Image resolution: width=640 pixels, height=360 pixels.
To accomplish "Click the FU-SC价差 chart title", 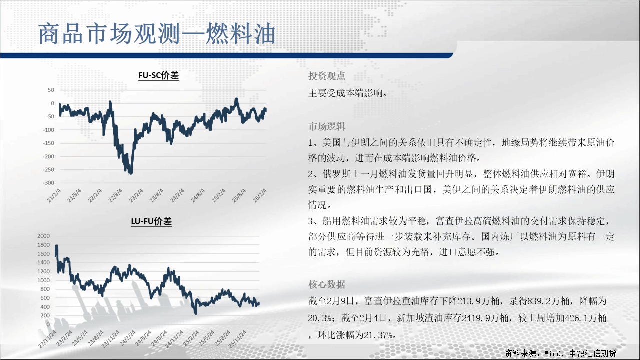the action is [x=159, y=75].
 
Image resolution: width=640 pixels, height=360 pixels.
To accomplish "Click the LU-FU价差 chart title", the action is [x=151, y=221].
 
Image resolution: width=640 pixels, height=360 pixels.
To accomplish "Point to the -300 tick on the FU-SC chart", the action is [x=49, y=183].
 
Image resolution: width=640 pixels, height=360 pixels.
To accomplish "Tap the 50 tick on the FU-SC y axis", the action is [x=51, y=90].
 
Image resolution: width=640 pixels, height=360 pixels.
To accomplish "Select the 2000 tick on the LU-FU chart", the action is [x=43, y=236].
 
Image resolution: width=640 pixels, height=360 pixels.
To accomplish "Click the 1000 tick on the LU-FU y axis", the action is [x=43, y=280].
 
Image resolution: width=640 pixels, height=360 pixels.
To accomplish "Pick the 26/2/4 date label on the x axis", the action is [x=259, y=195].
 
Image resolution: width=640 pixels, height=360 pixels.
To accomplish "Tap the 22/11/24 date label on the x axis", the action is [x=47, y=339].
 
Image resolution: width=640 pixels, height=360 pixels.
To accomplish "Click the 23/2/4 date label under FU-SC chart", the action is [x=136, y=195].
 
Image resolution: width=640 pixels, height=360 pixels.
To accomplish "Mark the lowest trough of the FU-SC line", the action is [x=131, y=173].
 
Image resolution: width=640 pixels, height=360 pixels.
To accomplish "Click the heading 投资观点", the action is [x=327, y=76].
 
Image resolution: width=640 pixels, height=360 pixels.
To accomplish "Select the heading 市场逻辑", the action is [x=327, y=126].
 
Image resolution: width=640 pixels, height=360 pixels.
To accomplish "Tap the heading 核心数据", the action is [x=327, y=284].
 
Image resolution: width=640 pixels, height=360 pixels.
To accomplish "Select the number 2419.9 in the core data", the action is [x=476, y=318].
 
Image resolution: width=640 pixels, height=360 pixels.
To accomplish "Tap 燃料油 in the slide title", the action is [x=241, y=34].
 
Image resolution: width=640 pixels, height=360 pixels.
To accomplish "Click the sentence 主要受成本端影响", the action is [x=345, y=93].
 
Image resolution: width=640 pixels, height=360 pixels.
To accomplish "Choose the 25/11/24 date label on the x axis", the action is [x=237, y=339].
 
